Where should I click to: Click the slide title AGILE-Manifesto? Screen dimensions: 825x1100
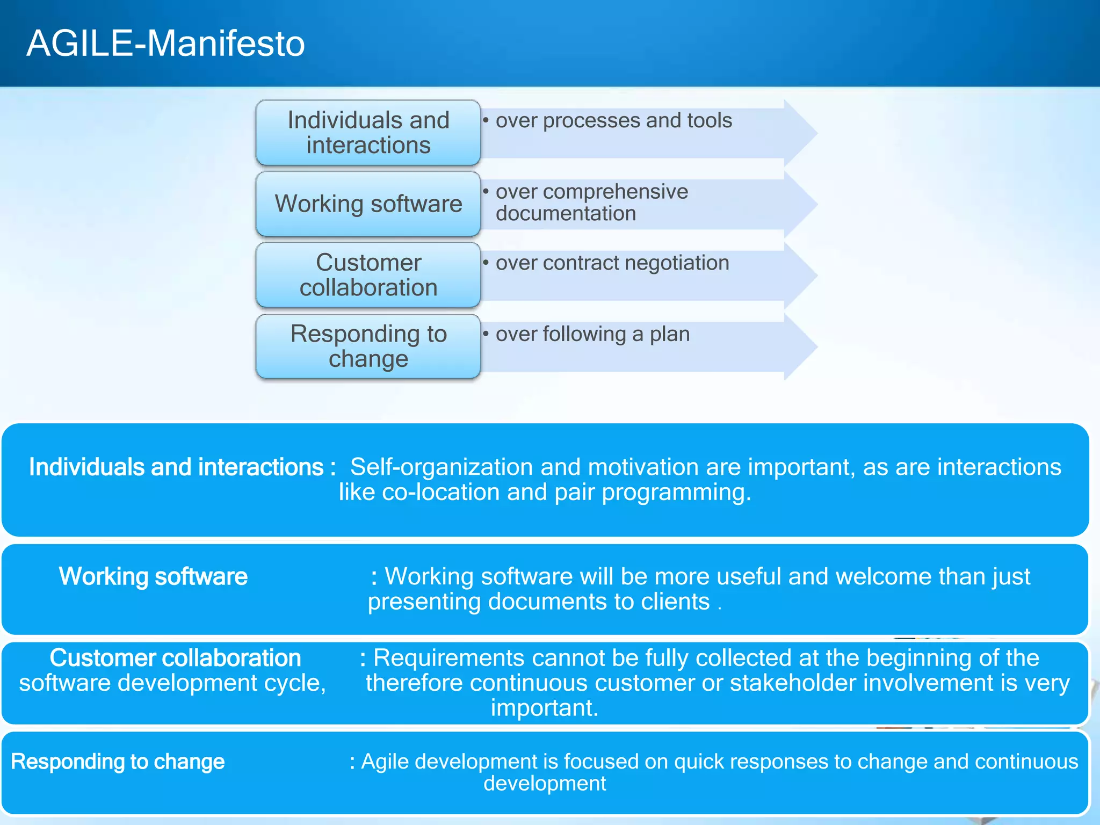[x=165, y=43]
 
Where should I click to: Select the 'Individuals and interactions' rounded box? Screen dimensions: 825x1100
[x=368, y=133]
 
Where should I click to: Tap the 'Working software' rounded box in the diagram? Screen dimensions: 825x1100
[x=368, y=204]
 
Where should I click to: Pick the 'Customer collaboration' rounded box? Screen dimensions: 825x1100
[x=368, y=275]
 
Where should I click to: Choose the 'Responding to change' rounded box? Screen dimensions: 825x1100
[x=368, y=346]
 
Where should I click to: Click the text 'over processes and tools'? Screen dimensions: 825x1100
[x=613, y=121]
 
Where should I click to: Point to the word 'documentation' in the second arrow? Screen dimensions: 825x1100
[x=566, y=214]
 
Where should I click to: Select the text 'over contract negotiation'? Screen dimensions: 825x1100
[x=612, y=263]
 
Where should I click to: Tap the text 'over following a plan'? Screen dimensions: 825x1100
[x=592, y=334]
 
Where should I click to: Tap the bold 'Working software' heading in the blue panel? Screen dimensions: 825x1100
[x=153, y=576]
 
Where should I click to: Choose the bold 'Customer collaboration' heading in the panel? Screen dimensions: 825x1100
[x=175, y=658]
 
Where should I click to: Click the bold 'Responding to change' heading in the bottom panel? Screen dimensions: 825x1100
[x=118, y=762]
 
